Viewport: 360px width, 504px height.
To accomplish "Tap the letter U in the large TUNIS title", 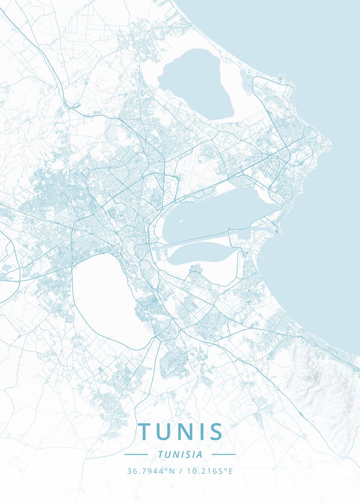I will click(166, 431).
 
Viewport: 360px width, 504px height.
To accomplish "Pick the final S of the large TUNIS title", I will click(215, 431).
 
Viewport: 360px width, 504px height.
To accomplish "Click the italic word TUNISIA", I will click(180, 454).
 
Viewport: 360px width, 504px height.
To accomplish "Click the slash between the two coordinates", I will click(180, 471).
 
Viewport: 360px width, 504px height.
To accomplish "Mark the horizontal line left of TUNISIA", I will click(136, 454).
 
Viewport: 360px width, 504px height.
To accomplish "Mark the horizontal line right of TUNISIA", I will click(223, 454).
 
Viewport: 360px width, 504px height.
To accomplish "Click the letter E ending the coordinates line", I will click(230, 471).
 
